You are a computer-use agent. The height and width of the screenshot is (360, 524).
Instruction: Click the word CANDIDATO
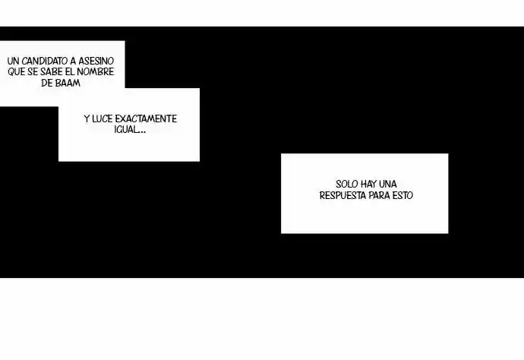(45, 62)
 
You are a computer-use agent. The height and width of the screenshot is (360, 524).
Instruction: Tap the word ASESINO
(96, 62)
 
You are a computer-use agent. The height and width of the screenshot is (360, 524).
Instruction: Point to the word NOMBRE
(95, 72)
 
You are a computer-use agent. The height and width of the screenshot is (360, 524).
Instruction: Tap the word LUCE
(103, 119)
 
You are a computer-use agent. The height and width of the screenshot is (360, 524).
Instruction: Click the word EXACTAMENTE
(146, 119)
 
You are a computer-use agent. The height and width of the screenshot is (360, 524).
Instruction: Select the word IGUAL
(126, 130)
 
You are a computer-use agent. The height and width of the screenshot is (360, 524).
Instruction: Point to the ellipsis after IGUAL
(142, 132)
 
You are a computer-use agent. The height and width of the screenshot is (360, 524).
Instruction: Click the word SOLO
(347, 185)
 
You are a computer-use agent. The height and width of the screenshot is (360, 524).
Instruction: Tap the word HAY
(369, 185)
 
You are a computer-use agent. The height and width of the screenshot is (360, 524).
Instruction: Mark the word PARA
(379, 195)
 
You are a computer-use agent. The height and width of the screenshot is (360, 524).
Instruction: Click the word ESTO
(402, 195)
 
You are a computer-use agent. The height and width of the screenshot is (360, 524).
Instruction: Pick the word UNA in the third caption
(388, 185)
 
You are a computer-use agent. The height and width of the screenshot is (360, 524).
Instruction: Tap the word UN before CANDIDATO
(13, 62)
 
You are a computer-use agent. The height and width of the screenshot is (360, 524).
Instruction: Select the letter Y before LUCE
(87, 119)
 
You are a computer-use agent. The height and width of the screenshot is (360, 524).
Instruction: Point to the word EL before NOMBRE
(70, 72)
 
